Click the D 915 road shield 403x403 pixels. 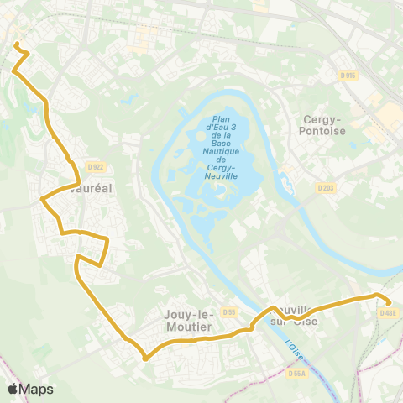(x=348, y=76)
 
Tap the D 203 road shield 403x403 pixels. (x=327, y=187)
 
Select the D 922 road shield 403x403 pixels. (x=94, y=167)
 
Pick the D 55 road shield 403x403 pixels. (x=228, y=312)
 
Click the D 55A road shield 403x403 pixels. (x=296, y=374)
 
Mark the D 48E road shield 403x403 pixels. (x=387, y=313)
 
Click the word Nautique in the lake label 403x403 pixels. (x=221, y=151)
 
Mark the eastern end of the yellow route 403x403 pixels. (x=389, y=305)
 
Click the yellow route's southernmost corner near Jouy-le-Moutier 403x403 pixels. (x=145, y=359)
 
